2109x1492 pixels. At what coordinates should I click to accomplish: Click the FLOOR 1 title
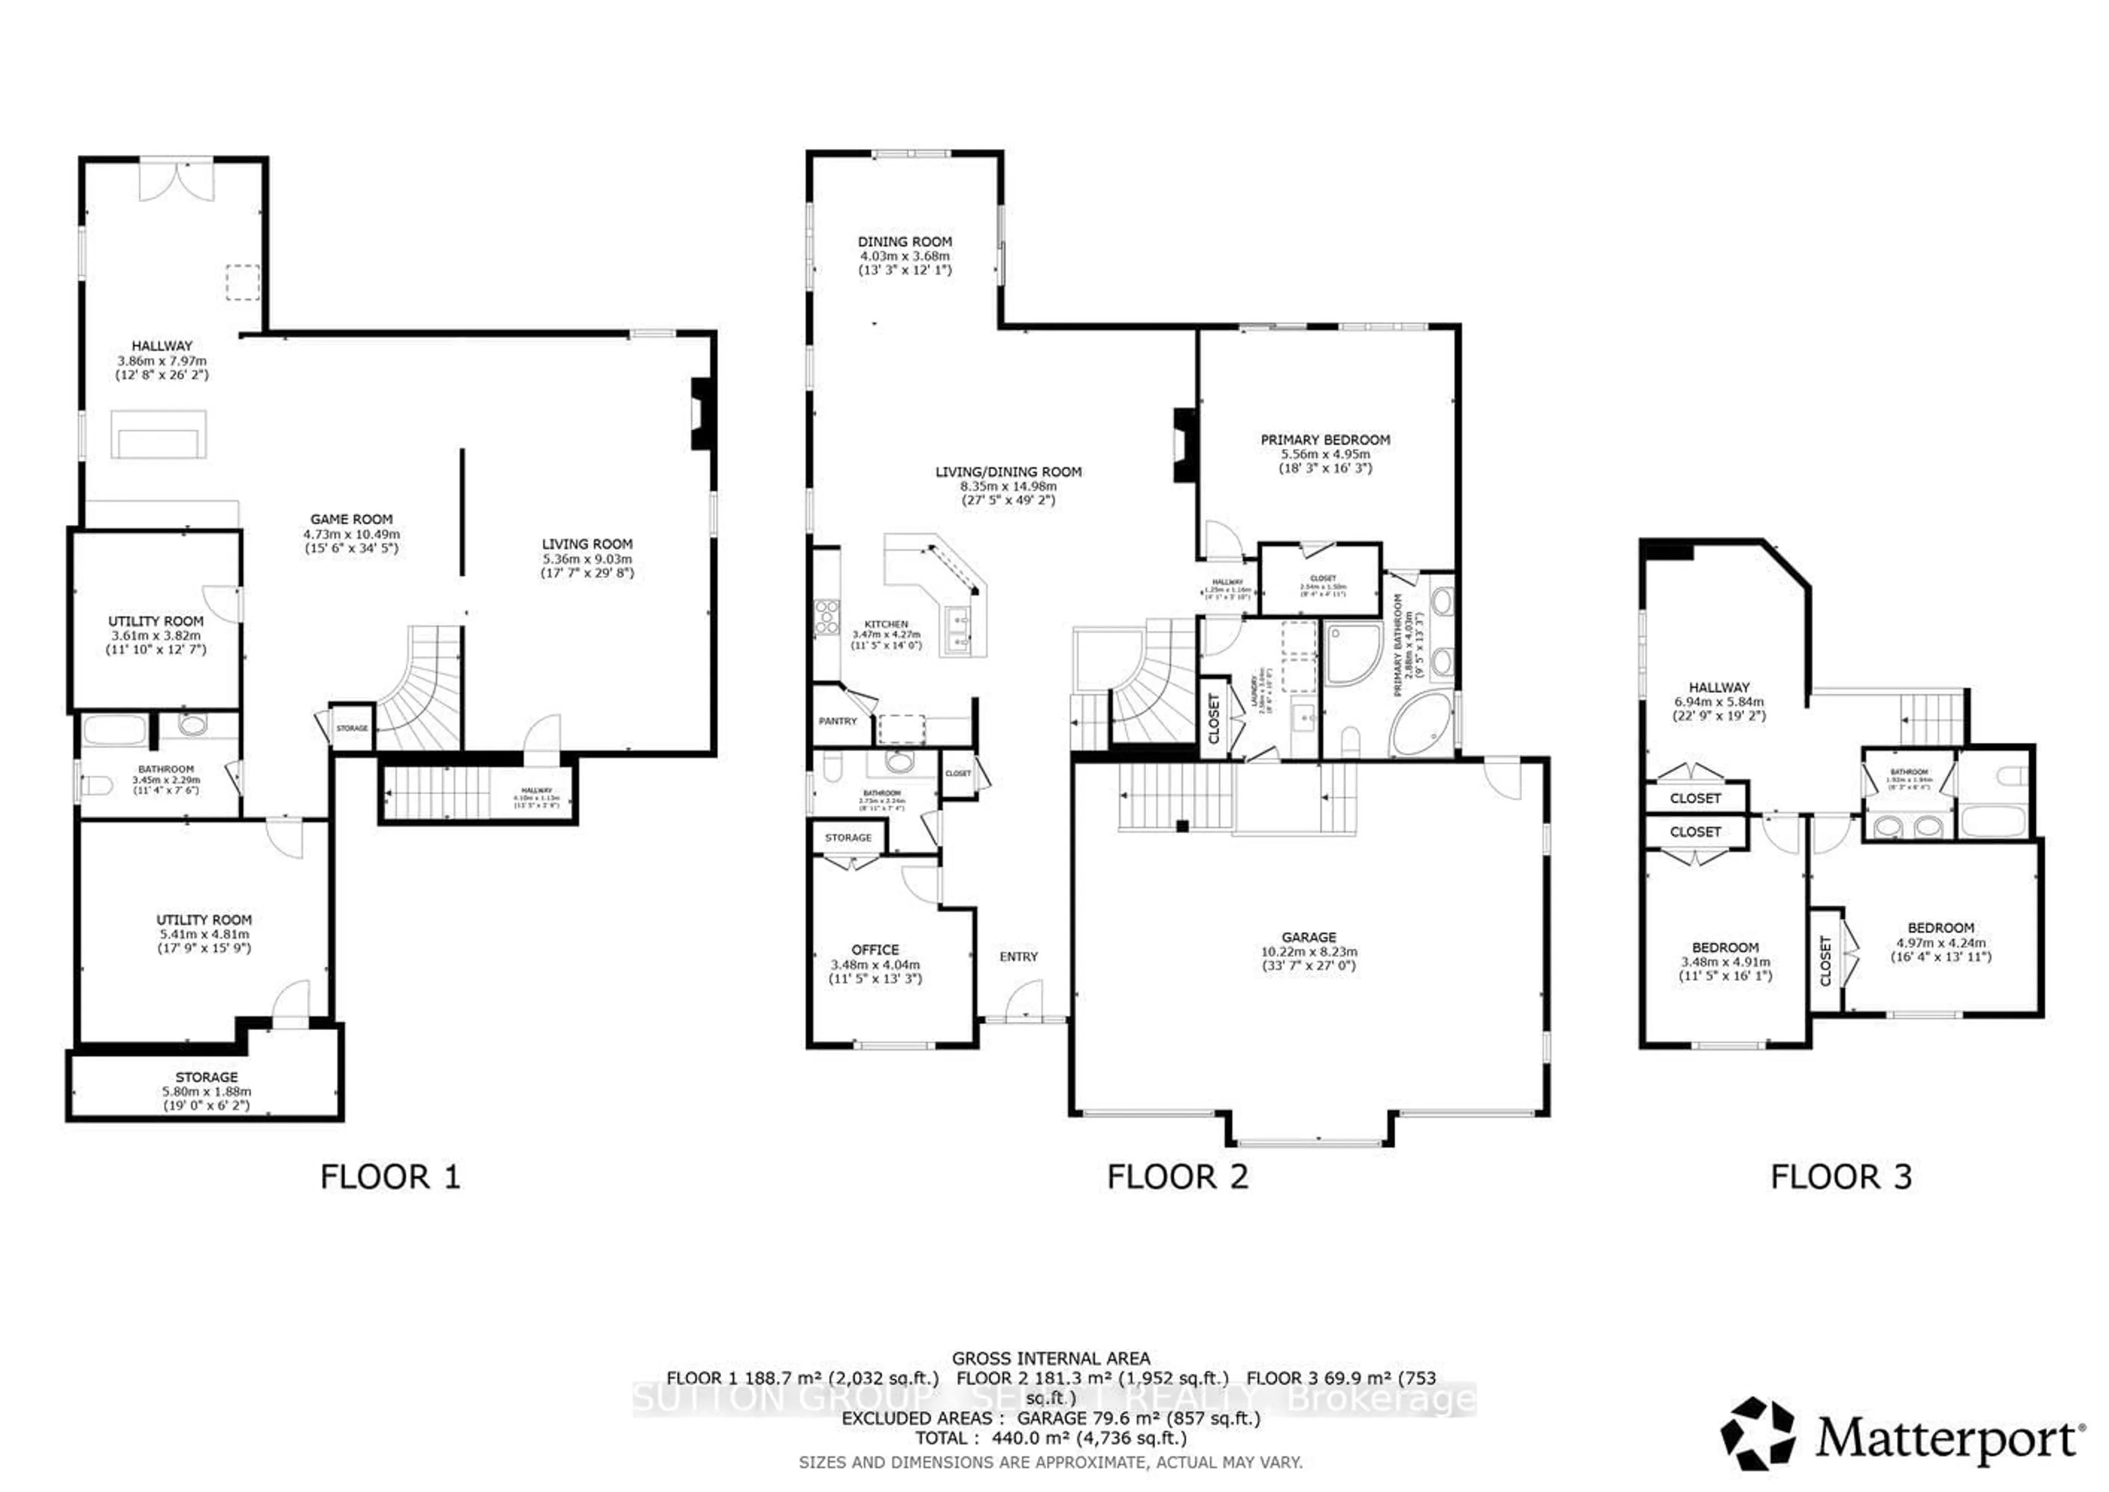pyautogui.click(x=389, y=1177)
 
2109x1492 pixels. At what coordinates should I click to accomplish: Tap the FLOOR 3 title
pyautogui.click(x=1841, y=1177)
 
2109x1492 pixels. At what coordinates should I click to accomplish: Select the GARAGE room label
pyautogui.click(x=1309, y=937)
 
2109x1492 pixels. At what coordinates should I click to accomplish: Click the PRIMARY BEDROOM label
pyautogui.click(x=1325, y=440)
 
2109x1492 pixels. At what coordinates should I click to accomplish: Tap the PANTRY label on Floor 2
pyautogui.click(x=837, y=721)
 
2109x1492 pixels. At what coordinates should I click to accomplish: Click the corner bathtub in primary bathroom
pyautogui.click(x=1419, y=726)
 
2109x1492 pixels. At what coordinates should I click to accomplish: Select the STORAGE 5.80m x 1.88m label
pyautogui.click(x=207, y=1084)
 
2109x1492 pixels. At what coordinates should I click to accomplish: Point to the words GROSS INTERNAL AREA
pyautogui.click(x=1050, y=1358)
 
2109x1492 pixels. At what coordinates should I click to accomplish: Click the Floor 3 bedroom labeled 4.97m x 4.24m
pyautogui.click(x=1940, y=942)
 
